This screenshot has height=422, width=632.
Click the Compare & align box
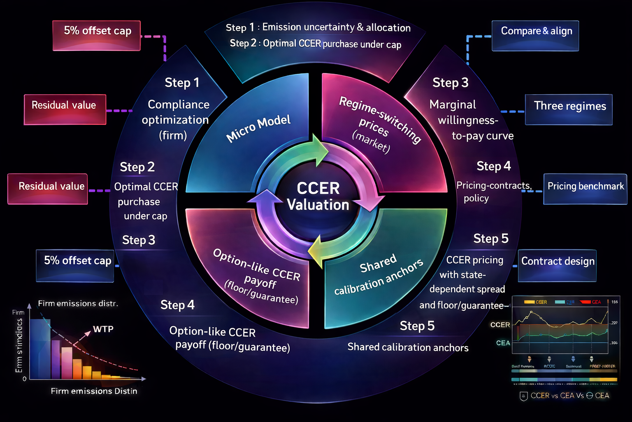point(535,36)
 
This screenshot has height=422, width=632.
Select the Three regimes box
point(569,110)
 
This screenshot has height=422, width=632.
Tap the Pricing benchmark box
point(585,189)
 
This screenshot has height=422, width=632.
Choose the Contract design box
point(557,265)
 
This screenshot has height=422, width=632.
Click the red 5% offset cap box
point(97,35)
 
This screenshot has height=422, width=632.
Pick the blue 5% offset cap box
point(75,265)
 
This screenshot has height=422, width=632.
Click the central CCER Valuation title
point(318,197)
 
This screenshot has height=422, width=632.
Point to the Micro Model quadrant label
point(258,128)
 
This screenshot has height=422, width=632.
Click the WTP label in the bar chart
point(103,329)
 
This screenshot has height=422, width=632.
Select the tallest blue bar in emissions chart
point(40,349)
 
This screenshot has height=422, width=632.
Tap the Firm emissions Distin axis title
point(94,391)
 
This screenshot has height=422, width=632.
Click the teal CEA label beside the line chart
point(503,343)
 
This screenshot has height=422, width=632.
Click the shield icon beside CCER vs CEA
point(523,396)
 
